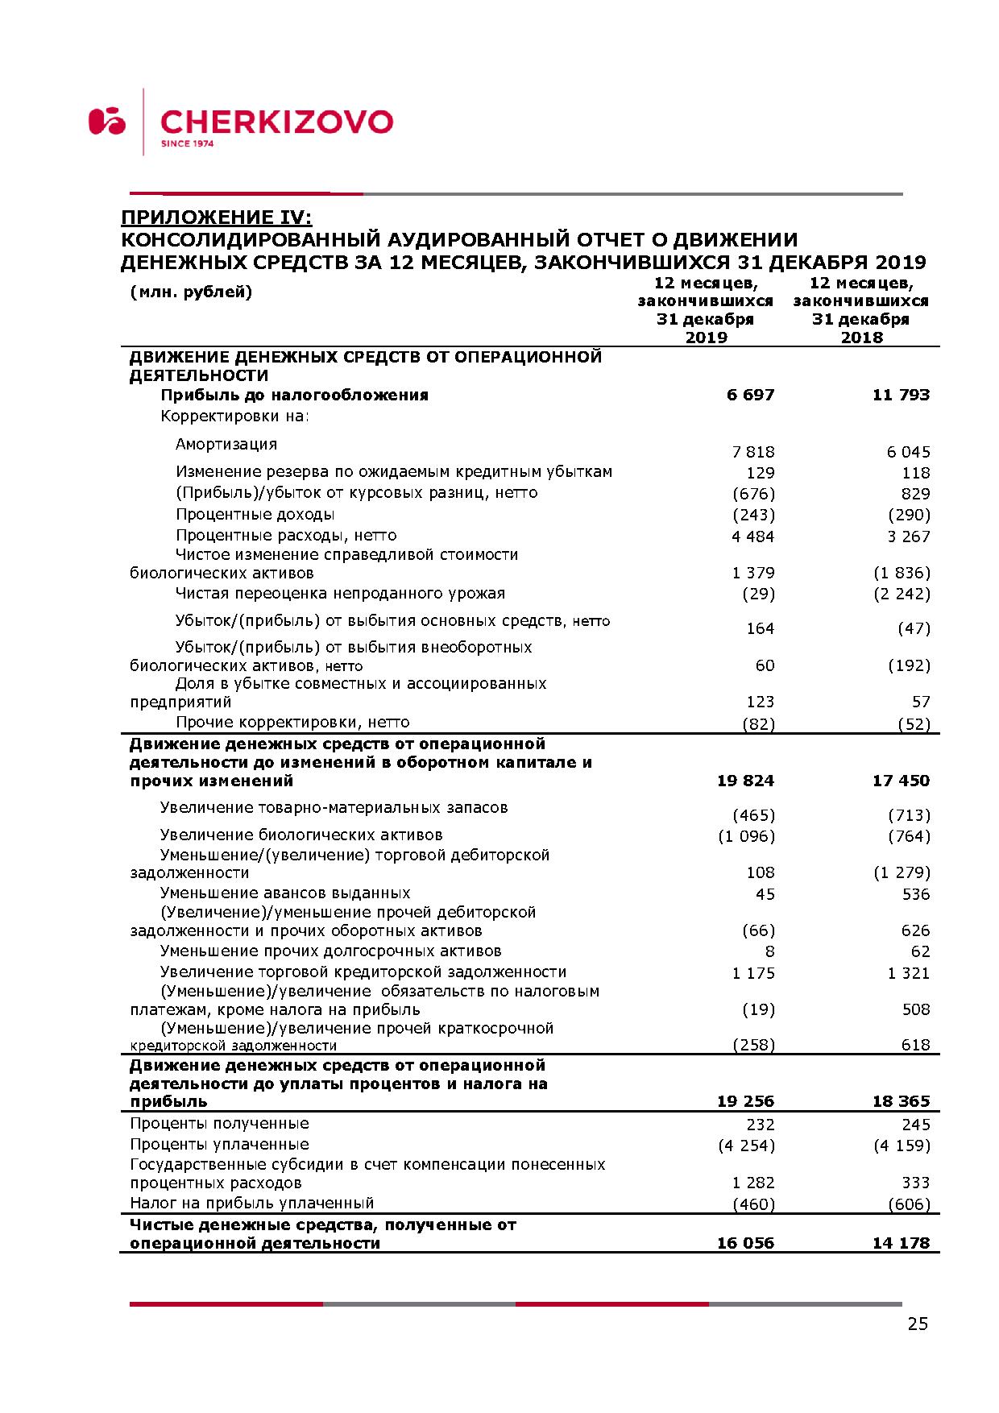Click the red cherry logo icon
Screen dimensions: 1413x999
pyautogui.click(x=107, y=121)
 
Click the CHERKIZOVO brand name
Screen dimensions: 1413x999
pyautogui.click(x=276, y=122)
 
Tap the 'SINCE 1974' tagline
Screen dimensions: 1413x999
pyautogui.click(x=187, y=144)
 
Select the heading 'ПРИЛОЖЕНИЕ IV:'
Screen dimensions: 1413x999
pyautogui.click(x=215, y=218)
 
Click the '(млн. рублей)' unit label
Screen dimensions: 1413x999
pyautogui.click(x=191, y=292)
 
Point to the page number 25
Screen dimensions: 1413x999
pyautogui.click(x=918, y=1324)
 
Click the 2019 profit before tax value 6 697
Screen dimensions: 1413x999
pyautogui.click(x=750, y=395)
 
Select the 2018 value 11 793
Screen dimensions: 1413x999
pyautogui.click(x=901, y=395)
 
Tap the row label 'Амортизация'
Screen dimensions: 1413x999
pyautogui.click(x=226, y=444)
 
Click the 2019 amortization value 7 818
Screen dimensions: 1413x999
pyautogui.click(x=753, y=452)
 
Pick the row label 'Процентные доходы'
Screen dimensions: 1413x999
pyautogui.click(x=255, y=514)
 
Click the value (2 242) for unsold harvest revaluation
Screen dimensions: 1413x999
pyautogui.click(x=902, y=594)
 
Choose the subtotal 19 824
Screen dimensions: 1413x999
pyautogui.click(x=745, y=781)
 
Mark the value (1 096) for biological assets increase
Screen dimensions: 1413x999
pyautogui.click(x=746, y=836)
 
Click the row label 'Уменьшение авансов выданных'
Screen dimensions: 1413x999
pyautogui.click(x=285, y=893)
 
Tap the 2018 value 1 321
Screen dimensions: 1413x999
pyautogui.click(x=909, y=973)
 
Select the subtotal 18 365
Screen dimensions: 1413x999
pyautogui.click(x=901, y=1101)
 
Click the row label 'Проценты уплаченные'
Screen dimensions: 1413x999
pyautogui.click(x=220, y=1144)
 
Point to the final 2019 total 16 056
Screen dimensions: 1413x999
pyautogui.click(x=745, y=1243)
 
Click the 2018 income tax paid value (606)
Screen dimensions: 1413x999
pyautogui.click(x=909, y=1204)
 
